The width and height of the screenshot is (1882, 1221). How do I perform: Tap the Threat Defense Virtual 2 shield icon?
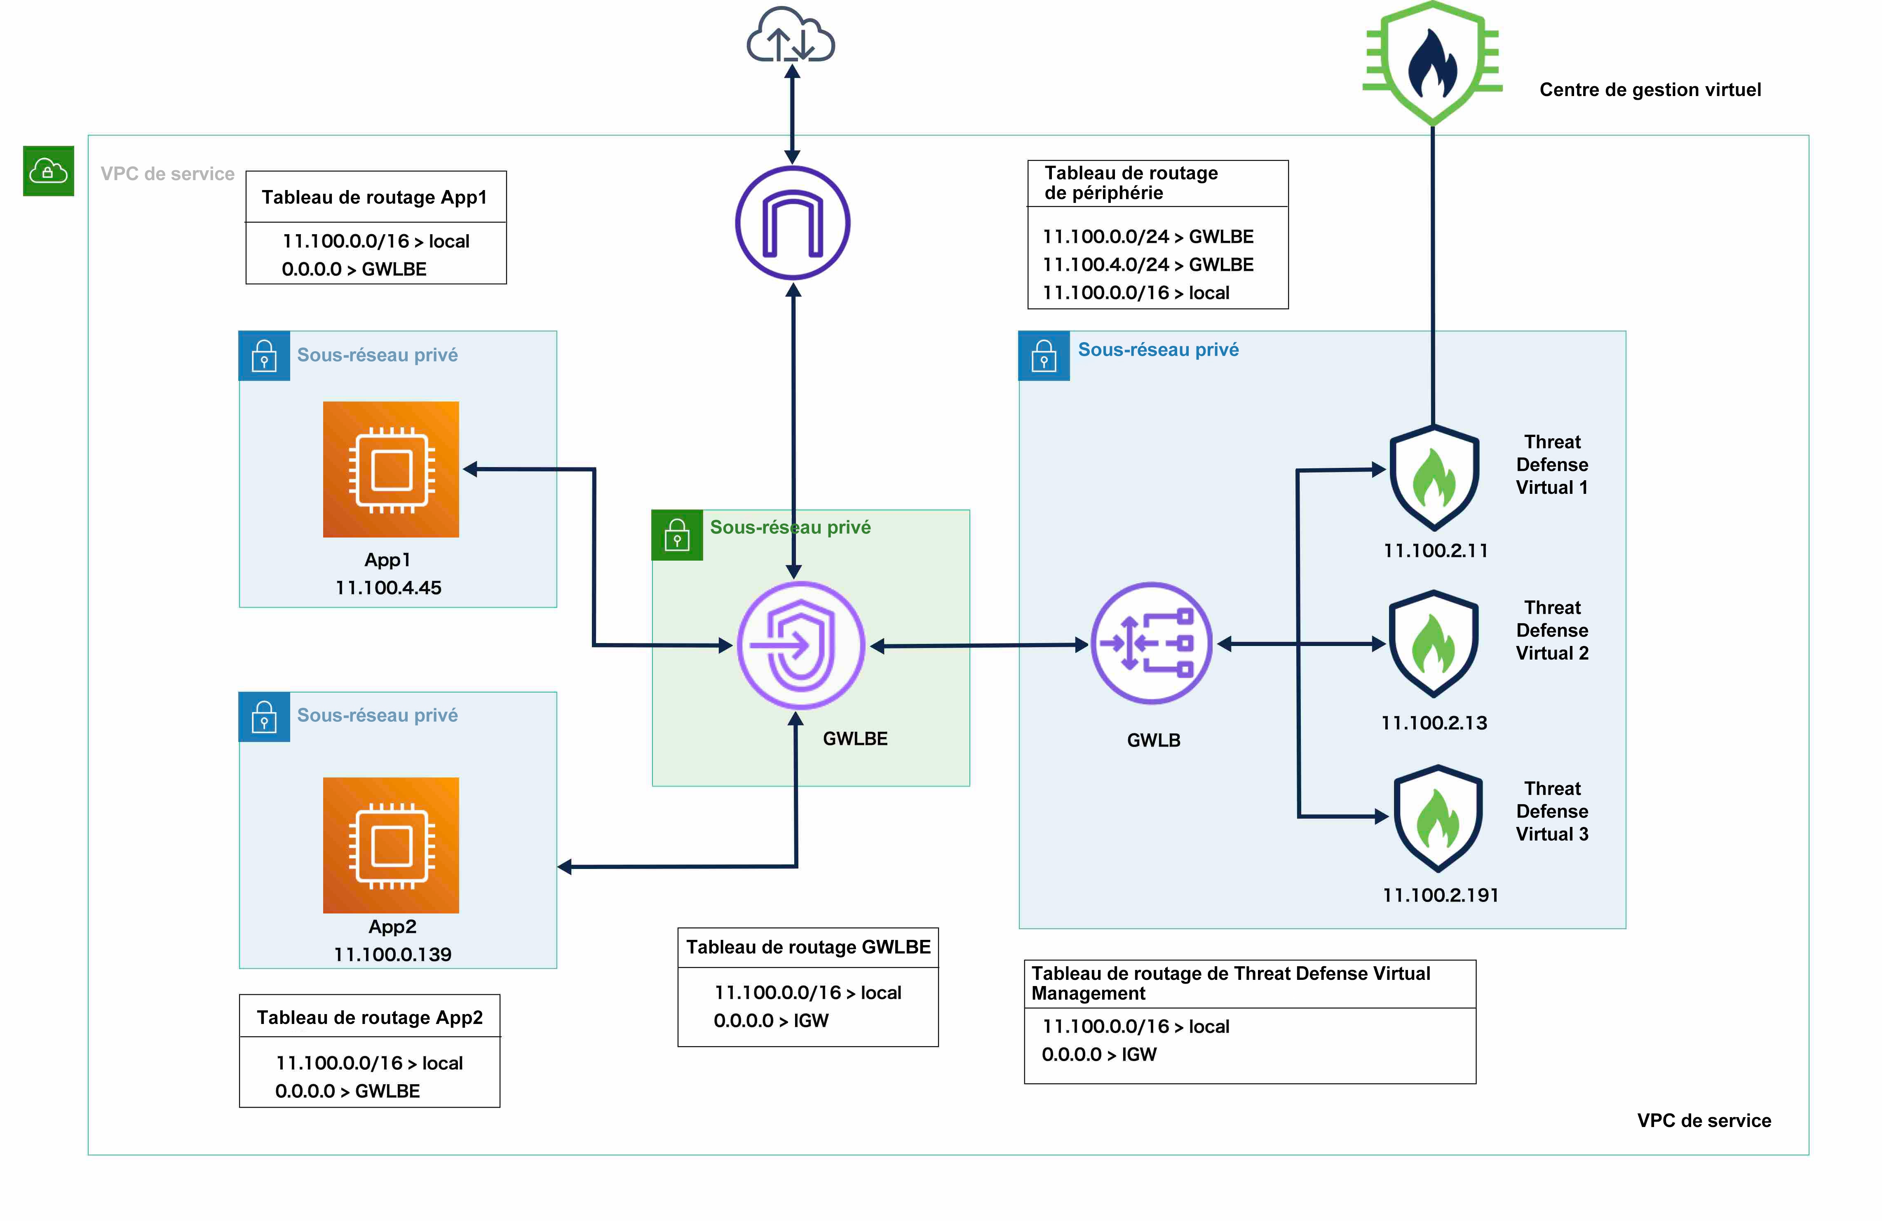[1434, 644]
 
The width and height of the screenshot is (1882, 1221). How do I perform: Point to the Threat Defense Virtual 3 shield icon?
[1438, 819]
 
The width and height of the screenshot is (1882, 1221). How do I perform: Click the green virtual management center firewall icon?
[1432, 63]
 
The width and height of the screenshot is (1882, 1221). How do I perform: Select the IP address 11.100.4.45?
[388, 587]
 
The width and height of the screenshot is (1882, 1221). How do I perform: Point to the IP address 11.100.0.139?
[392, 955]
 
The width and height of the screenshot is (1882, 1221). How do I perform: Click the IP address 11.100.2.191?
[1440, 895]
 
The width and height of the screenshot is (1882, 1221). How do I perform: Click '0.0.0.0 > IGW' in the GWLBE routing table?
[771, 1020]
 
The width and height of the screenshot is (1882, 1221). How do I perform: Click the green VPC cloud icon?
[48, 171]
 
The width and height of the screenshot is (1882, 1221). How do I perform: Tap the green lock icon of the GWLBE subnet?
[677, 535]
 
